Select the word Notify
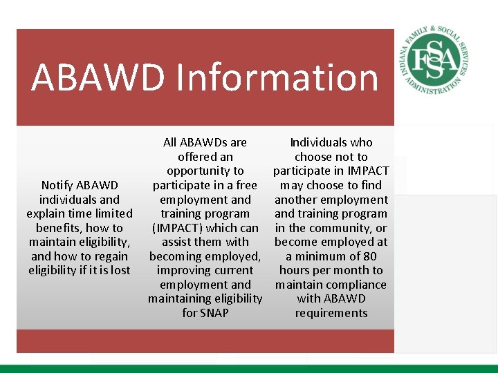[x=59, y=185]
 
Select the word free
[x=246, y=185]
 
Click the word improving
[x=182, y=271]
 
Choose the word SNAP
[x=214, y=313]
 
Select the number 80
[x=369, y=256]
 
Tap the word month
[x=349, y=271]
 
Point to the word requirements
[x=331, y=313]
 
